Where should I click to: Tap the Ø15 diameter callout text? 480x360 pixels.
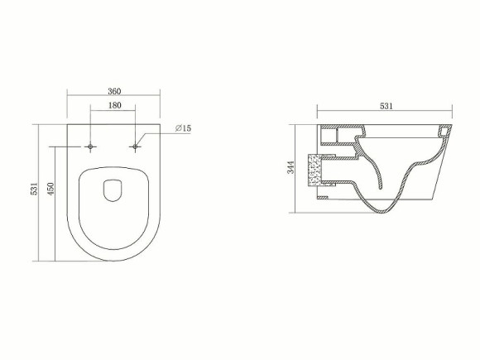click(x=183, y=128)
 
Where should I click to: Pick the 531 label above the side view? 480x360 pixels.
click(x=386, y=106)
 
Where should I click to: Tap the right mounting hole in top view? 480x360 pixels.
click(x=135, y=147)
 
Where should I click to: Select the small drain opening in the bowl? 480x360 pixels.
click(x=113, y=191)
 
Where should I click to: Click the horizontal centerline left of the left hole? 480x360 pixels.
click(x=66, y=147)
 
